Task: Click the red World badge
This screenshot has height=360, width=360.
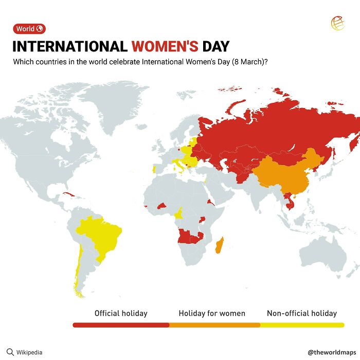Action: click(29, 29)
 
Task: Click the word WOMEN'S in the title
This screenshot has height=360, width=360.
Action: click(165, 46)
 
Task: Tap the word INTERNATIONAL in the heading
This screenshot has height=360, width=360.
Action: click(70, 46)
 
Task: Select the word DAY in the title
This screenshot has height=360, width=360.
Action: click(215, 46)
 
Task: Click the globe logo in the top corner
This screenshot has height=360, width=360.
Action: click(337, 24)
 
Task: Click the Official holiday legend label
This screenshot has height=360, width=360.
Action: click(121, 313)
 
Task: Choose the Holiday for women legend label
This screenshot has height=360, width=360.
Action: click(212, 313)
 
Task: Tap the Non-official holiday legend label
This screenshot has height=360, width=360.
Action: click(302, 313)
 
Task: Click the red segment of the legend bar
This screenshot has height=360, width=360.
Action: click(121, 325)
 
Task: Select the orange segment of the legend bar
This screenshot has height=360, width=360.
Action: click(214, 325)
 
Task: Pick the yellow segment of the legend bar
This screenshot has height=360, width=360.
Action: click(302, 325)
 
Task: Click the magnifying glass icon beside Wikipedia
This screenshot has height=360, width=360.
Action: click(10, 352)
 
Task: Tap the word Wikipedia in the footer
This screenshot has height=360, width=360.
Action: click(29, 352)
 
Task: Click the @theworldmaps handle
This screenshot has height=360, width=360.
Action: click(331, 352)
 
